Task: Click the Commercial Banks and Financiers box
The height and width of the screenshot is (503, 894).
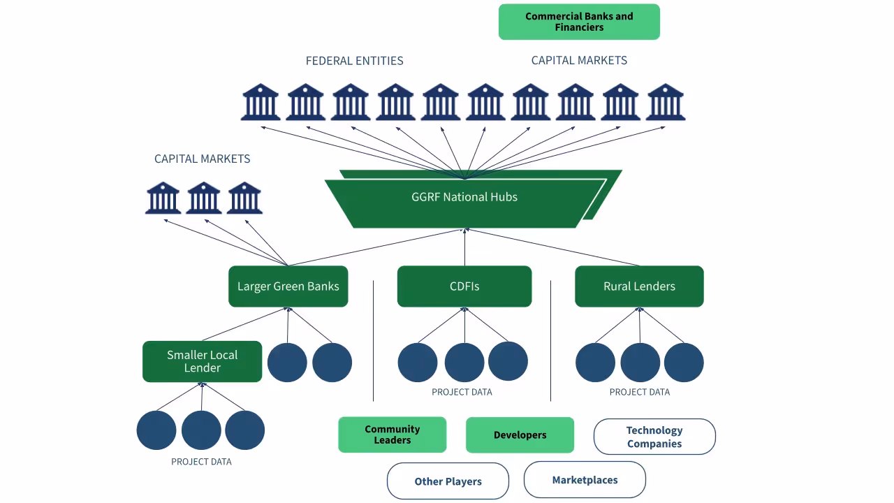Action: pos(579,22)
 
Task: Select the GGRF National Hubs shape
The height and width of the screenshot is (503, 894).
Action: pos(464,198)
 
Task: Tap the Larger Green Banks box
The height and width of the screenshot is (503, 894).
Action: pos(288,286)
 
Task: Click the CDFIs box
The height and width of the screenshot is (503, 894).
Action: pos(464,286)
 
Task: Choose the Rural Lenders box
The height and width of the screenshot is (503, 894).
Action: pos(639,286)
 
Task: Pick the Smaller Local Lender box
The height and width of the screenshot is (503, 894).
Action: pos(202,361)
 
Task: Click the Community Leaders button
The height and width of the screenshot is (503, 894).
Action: pos(392,435)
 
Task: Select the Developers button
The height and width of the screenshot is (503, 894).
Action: pos(520,435)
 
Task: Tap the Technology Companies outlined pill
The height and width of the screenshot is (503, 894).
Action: pos(654,437)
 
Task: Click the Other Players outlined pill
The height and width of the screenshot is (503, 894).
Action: pos(448,481)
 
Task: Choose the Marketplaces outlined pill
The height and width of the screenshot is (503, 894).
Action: pos(585,480)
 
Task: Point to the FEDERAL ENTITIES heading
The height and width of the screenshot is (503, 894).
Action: pos(354,61)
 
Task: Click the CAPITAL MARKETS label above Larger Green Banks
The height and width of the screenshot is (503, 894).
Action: pos(202,159)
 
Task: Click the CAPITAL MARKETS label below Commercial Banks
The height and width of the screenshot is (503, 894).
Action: pos(579,61)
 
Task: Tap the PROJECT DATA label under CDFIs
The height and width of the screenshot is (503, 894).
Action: pos(462,392)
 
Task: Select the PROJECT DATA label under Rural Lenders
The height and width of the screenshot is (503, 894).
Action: pos(639,392)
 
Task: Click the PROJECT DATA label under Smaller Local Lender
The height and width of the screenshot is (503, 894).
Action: pos(201,462)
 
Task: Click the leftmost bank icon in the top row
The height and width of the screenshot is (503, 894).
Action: pos(261,102)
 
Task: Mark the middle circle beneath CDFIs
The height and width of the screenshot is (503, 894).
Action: pos(464,363)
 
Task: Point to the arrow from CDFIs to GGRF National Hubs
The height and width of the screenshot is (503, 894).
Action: pos(464,248)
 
